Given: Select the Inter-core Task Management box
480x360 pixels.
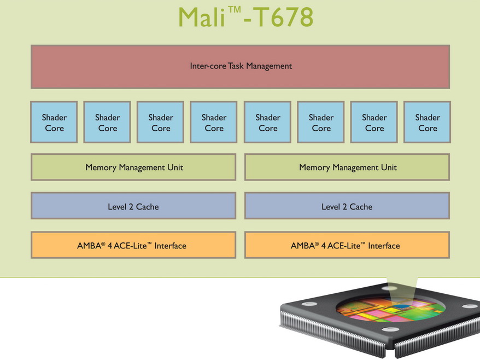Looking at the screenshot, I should pyautogui.click(x=241, y=66).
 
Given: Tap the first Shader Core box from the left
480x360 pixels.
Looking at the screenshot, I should pyautogui.click(x=54, y=123).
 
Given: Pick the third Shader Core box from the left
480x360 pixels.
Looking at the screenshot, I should pyautogui.click(x=161, y=123).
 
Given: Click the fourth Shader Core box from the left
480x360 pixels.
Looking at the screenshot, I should pyautogui.click(x=214, y=123).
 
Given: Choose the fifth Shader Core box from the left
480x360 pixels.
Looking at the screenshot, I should pyautogui.click(x=268, y=123).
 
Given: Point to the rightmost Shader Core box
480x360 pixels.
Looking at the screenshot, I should pyautogui.click(x=428, y=123).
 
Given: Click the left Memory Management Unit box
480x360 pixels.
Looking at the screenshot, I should pyautogui.click(x=134, y=167).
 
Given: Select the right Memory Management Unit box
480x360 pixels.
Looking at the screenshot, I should pyautogui.click(x=348, y=167).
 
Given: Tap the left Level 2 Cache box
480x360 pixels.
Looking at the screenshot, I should pyautogui.click(x=133, y=207).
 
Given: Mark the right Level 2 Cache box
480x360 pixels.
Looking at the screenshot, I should pyautogui.click(x=347, y=207).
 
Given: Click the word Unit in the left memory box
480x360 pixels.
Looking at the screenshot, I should pyautogui.click(x=174, y=167).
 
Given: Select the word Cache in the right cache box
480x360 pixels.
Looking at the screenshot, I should pyautogui.click(x=361, y=207).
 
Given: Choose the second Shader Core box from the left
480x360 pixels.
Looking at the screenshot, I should pyautogui.click(x=108, y=123).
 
